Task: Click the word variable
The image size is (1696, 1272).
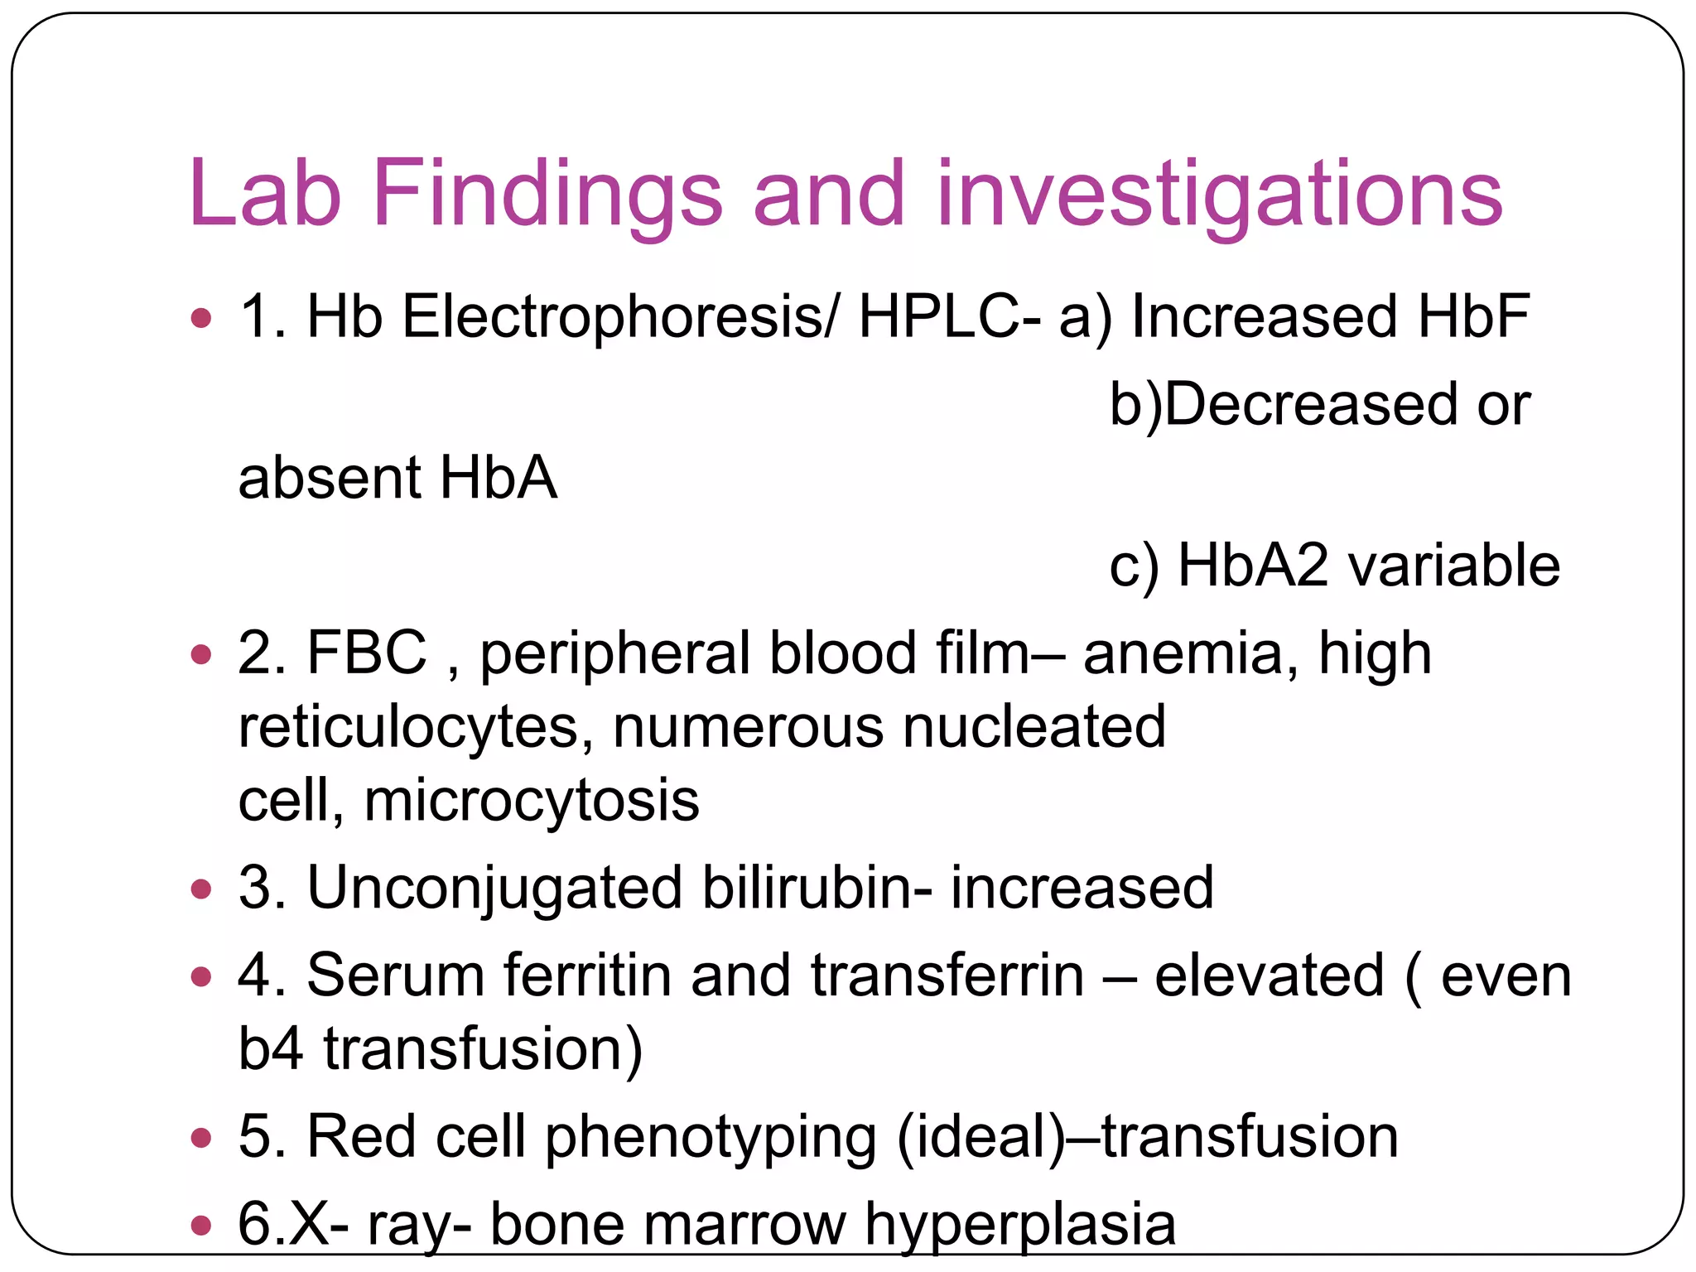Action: tap(1454, 566)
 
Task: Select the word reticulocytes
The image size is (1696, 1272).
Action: tap(408, 728)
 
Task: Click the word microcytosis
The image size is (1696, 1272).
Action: tap(532, 801)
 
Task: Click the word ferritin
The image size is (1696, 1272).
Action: tap(588, 976)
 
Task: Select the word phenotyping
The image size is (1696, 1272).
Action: tap(711, 1137)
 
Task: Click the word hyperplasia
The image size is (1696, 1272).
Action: tap(1020, 1225)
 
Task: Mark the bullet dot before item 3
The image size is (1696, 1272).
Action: tap(200, 890)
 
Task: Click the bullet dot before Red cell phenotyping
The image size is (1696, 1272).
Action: tap(200, 1138)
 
